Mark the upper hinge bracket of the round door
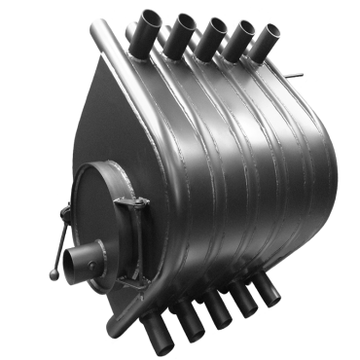(125, 203)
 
